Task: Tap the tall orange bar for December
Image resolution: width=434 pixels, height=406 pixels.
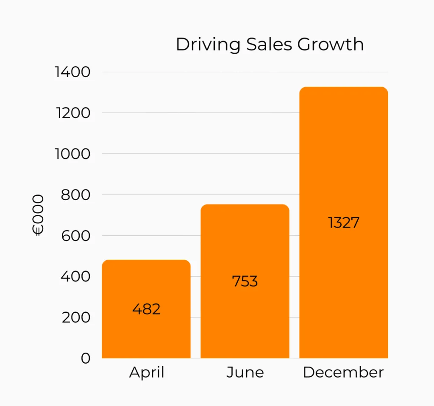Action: click(343, 170)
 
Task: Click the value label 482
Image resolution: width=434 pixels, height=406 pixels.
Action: click(146, 309)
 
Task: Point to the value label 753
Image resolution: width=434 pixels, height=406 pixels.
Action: click(245, 281)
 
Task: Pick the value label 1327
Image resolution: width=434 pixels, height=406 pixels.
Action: click(343, 222)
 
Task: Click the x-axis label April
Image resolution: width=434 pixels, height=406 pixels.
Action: click(147, 373)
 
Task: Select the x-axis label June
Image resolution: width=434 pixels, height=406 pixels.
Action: click(245, 373)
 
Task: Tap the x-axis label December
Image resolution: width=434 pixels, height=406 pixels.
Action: click(343, 373)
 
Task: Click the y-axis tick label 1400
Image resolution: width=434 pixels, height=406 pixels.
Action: click(73, 72)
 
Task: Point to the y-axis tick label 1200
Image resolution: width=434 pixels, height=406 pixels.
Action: click(73, 113)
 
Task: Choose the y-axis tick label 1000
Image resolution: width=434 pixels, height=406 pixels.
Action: click(73, 154)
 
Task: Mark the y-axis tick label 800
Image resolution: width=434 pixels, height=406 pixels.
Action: click(76, 195)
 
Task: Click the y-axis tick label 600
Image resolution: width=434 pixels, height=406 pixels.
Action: click(76, 236)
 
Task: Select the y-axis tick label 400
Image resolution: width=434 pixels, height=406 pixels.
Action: click(76, 277)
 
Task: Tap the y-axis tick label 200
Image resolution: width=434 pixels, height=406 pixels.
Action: click(76, 317)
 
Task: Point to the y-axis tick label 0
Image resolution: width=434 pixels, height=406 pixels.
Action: click(86, 359)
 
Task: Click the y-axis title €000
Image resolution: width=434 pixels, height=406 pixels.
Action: click(38, 215)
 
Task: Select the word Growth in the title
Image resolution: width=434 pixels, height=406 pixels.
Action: click(331, 44)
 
